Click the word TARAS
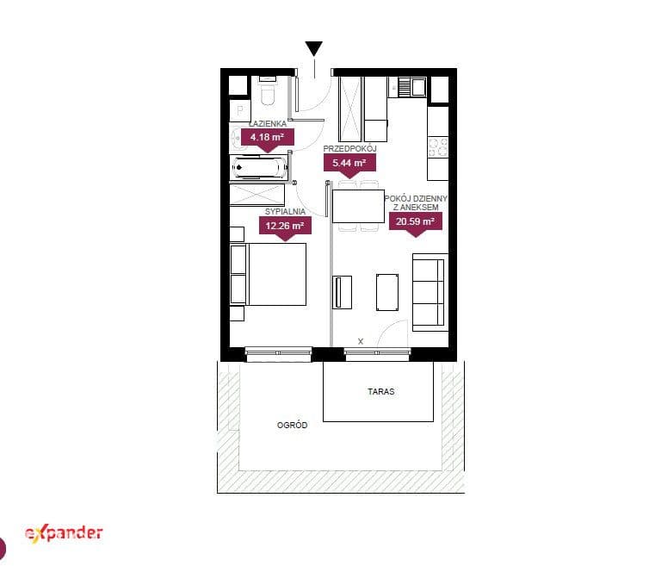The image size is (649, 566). pos(380,392)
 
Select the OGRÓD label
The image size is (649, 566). pos(292,425)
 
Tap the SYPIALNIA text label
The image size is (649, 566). pos(285,211)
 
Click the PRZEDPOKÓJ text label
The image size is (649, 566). pos(349,148)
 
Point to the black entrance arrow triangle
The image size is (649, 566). pos(314,48)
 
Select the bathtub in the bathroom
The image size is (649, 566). pos(260,168)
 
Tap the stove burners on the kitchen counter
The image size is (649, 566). pos(438,147)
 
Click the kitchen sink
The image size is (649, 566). pos(411,87)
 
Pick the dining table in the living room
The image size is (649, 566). pos(358,206)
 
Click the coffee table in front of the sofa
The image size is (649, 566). pos(387,292)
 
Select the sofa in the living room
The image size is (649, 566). pos(430,293)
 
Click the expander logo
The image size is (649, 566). pos(64,533)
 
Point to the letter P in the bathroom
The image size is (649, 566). pos(240,110)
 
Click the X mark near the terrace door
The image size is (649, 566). pos(361,341)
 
